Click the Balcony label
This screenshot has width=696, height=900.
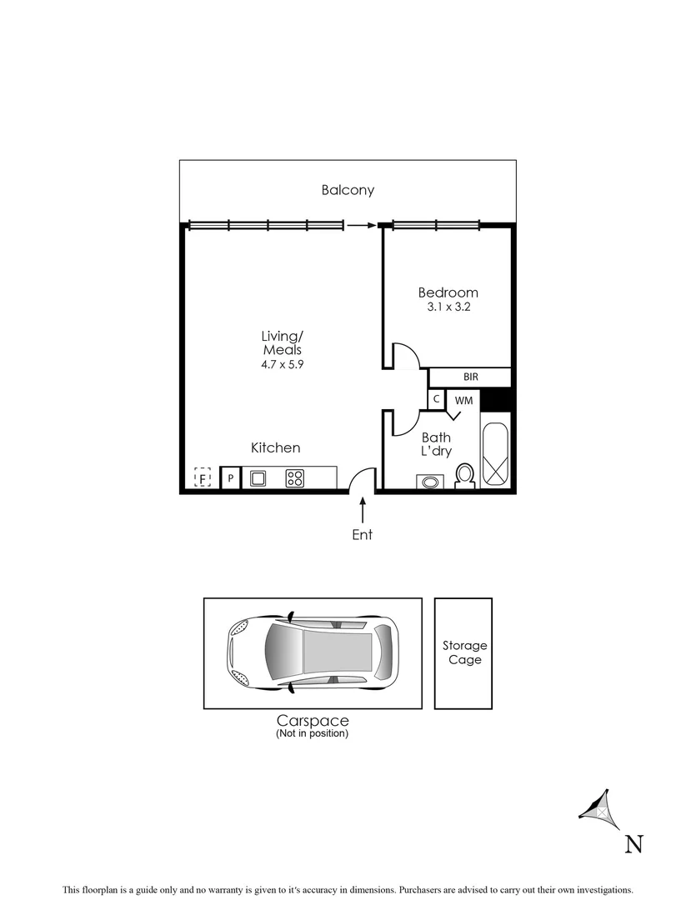(x=348, y=190)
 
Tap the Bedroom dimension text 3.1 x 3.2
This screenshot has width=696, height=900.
(x=448, y=307)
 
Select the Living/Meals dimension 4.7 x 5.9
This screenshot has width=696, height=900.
(x=282, y=364)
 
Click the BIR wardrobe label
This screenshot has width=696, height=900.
(x=471, y=377)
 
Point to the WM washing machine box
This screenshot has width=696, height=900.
(x=463, y=401)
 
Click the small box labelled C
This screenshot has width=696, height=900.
(x=436, y=399)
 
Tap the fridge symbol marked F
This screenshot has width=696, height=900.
(x=203, y=478)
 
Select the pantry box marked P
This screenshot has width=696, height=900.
(x=231, y=478)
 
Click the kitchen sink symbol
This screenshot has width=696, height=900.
(x=258, y=478)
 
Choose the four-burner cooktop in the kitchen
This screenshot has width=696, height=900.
(x=295, y=478)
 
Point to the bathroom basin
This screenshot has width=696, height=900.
(x=431, y=482)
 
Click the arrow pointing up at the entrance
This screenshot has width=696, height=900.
(x=363, y=509)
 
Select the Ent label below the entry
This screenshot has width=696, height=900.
(x=363, y=535)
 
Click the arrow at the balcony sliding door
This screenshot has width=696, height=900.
(x=360, y=224)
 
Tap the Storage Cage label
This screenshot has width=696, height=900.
(x=464, y=652)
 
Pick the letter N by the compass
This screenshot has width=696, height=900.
(x=634, y=844)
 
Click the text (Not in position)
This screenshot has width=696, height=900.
(x=312, y=734)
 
